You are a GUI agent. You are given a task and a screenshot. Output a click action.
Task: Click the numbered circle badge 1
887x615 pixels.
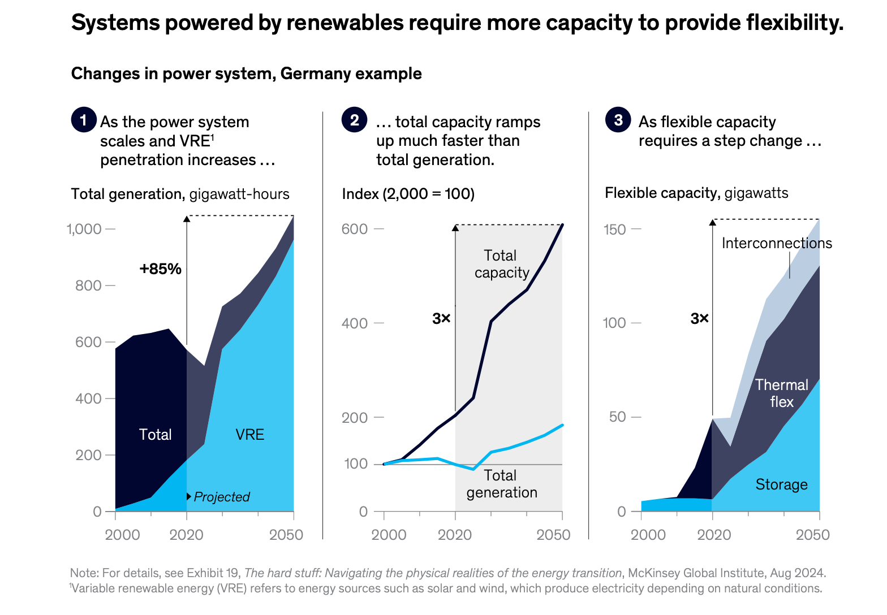point(84,120)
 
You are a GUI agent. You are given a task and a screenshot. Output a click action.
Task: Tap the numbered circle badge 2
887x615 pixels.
point(354,120)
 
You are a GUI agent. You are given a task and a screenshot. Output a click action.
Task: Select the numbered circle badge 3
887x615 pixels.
point(618,120)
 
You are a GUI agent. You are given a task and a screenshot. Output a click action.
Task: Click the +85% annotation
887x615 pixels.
point(161,269)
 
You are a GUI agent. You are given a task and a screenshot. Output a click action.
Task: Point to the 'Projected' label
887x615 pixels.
point(221,497)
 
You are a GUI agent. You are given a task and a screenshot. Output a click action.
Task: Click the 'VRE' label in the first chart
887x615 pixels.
point(249,434)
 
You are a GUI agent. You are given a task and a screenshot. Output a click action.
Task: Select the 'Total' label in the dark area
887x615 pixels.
point(155,434)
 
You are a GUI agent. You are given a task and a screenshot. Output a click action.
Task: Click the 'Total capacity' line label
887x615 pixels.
point(502,264)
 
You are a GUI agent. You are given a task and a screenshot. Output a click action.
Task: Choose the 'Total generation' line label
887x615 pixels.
point(502,484)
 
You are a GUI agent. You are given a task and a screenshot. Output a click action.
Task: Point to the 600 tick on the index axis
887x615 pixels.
point(355,229)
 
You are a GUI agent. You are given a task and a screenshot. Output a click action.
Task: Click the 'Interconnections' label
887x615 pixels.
point(777,243)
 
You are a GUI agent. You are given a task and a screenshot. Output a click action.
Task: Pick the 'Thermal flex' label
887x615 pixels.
point(781,393)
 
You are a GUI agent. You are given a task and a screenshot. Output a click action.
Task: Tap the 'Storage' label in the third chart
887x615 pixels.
point(781,484)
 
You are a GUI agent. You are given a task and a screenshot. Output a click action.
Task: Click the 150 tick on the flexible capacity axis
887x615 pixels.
point(614,229)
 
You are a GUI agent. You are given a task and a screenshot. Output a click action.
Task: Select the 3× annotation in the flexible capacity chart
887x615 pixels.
point(699,319)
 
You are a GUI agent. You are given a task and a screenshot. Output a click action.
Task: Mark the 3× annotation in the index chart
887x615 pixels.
point(441,319)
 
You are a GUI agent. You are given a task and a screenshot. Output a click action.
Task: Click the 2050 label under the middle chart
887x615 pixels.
point(553,535)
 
